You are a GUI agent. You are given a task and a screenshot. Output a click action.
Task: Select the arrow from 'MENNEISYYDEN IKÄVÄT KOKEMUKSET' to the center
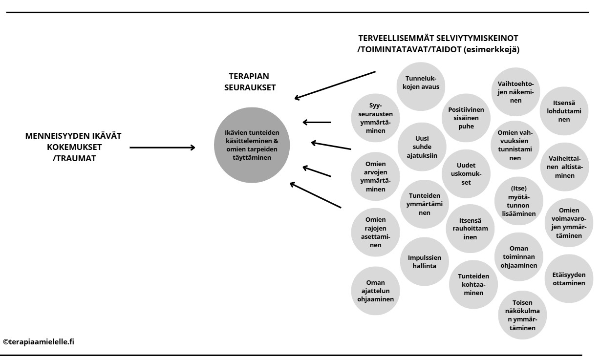coord(163,147)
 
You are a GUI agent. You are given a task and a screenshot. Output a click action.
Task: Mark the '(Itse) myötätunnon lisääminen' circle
coord(519,201)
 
